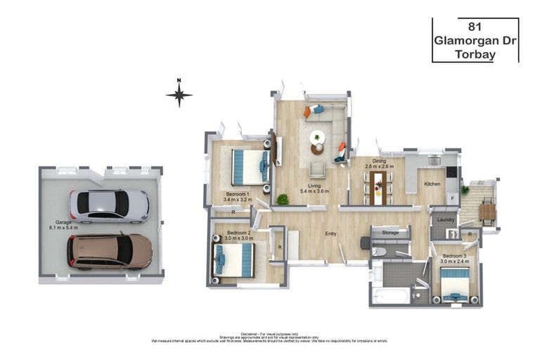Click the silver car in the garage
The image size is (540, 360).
[109, 206]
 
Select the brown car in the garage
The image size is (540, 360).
[109, 251]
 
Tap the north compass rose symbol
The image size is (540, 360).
[179, 94]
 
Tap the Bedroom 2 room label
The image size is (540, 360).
[238, 232]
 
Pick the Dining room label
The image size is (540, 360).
[379, 161]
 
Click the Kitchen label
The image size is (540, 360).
[432, 184]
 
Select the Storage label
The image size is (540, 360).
[390, 232]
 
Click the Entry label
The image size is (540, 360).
[330, 234]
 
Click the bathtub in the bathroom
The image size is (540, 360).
[391, 295]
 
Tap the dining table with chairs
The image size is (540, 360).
[380, 187]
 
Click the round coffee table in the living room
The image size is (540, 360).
[318, 137]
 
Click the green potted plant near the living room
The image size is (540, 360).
[283, 200]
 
